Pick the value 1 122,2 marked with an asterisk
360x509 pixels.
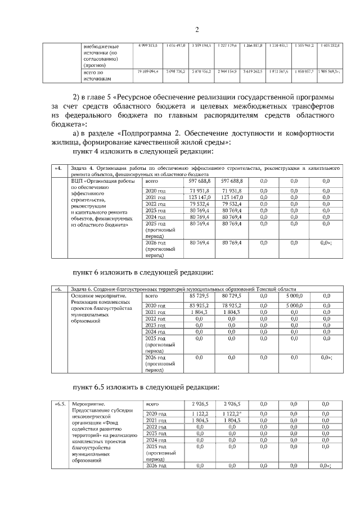point(231,413)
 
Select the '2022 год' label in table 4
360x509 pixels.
point(155,204)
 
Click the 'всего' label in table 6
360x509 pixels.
point(151,295)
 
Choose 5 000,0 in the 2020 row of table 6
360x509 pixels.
point(294,305)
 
